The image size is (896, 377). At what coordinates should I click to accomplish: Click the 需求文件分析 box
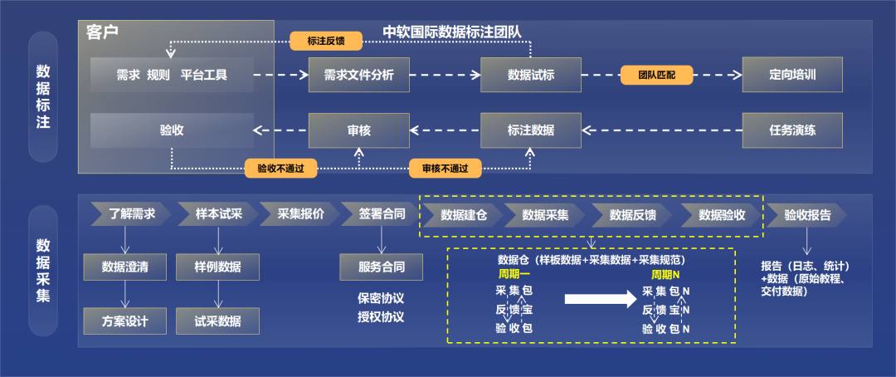(x=358, y=75)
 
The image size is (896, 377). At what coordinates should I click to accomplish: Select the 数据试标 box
(x=530, y=75)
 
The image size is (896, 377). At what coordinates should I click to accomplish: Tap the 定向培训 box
(x=792, y=75)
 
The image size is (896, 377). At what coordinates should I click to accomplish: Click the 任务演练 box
(x=792, y=130)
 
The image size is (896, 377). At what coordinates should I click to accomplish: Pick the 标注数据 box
(x=530, y=130)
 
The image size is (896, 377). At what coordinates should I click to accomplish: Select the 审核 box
(x=358, y=130)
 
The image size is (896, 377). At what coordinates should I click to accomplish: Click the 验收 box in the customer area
(x=172, y=130)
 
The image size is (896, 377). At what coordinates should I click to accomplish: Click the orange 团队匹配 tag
(x=656, y=75)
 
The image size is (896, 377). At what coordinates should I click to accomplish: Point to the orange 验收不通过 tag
(x=280, y=169)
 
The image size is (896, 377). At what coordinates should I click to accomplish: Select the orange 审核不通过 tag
(x=445, y=169)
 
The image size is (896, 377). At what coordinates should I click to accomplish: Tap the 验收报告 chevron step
(x=806, y=214)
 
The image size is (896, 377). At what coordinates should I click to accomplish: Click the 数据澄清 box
(x=125, y=267)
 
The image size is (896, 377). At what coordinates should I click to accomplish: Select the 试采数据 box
(x=217, y=321)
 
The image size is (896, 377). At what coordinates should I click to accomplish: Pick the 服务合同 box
(x=381, y=267)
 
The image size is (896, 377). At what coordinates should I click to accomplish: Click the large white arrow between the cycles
(x=595, y=299)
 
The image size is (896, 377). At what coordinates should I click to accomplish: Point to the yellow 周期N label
(x=665, y=274)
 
